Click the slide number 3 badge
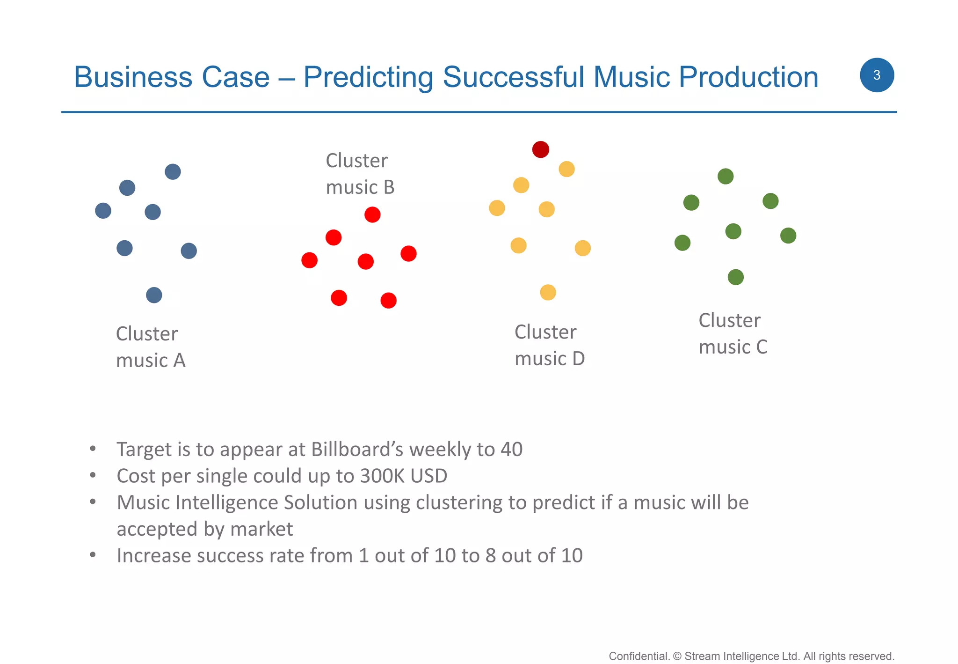877,75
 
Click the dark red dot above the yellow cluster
540,149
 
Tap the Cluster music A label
150,347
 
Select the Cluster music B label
360,174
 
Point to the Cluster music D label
549,345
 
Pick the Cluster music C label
733,333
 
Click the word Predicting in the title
368,77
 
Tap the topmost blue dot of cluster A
173,172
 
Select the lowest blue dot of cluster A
154,295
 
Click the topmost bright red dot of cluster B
372,215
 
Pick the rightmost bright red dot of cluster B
408,254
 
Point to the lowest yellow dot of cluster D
548,293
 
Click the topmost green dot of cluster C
726,177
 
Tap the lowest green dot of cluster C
736,277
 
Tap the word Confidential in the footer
639,656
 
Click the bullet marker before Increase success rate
93,555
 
